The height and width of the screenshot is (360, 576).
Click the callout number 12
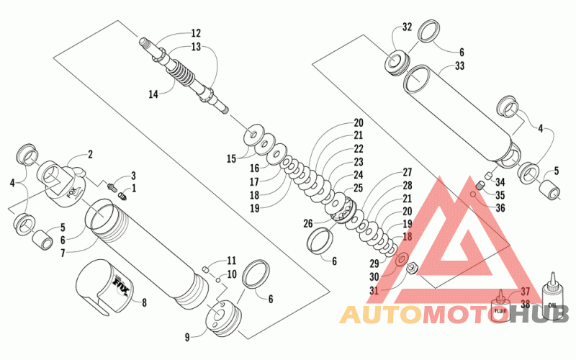point(196,33)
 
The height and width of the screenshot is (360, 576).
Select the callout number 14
point(153,94)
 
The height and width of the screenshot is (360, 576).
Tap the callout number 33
point(459,66)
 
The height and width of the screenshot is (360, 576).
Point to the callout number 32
point(407,27)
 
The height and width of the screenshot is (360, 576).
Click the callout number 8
point(145,302)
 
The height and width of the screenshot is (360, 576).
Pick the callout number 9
point(187,337)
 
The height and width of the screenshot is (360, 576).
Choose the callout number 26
point(308,223)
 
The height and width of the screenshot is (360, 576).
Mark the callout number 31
point(374,291)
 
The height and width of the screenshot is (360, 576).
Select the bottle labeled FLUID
point(500,307)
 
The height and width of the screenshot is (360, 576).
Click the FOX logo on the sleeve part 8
point(119,284)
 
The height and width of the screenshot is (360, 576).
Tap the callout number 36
point(500,208)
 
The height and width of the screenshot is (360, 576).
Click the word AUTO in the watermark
point(381,315)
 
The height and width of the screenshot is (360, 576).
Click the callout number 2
point(91,155)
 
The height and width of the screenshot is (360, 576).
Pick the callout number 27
point(407,172)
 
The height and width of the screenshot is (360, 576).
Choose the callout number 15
point(231,159)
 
